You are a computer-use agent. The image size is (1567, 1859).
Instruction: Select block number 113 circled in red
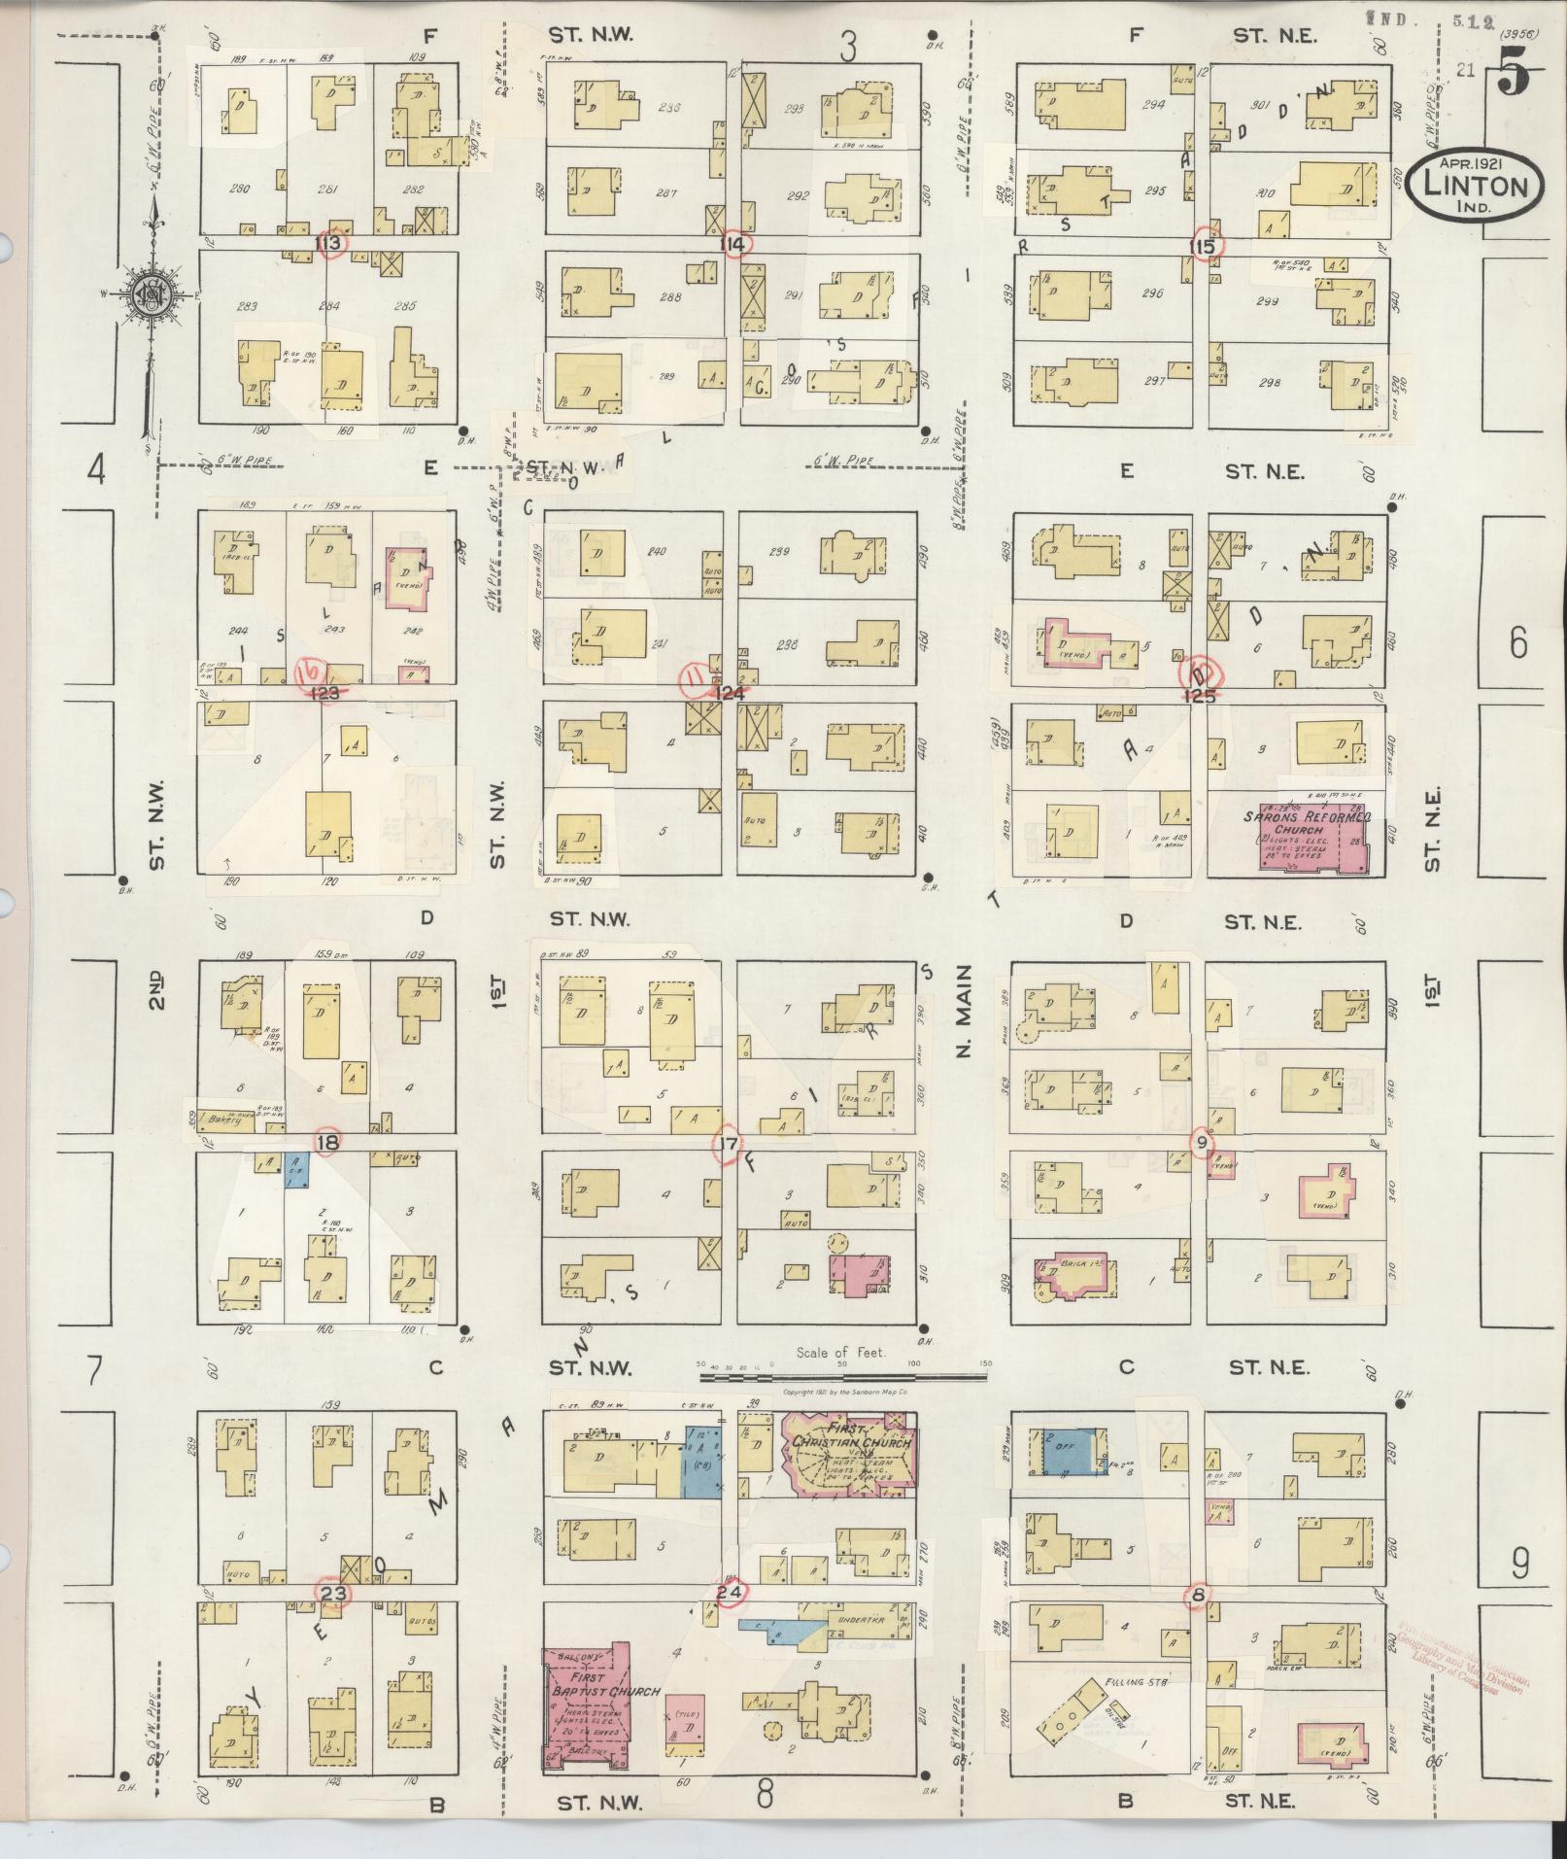point(330,242)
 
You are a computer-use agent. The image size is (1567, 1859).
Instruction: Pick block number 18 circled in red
point(327,1143)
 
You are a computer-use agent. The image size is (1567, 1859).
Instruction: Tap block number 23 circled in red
point(333,1593)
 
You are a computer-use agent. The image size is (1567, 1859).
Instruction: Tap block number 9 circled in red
point(1202,1143)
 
